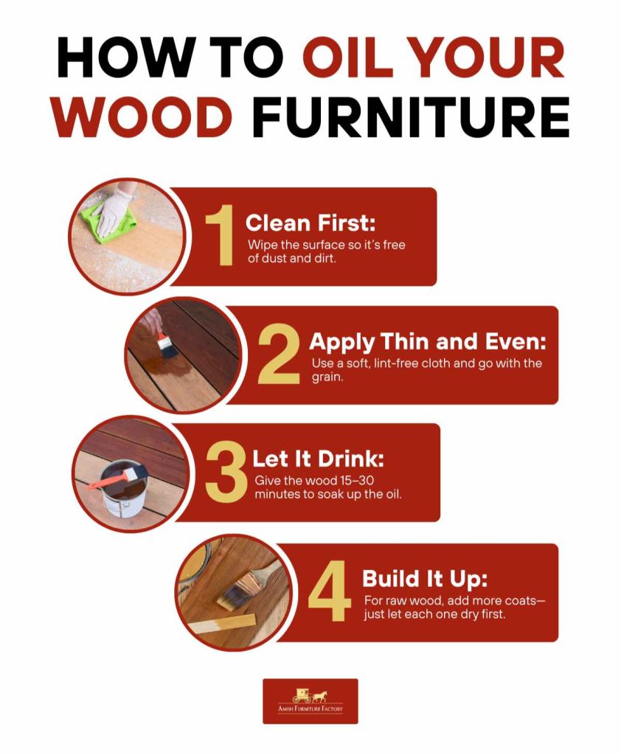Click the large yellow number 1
[220, 235]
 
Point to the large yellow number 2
[278, 356]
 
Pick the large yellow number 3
[226, 473]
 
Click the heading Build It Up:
[425, 577]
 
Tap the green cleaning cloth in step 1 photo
[108, 221]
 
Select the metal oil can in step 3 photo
[121, 490]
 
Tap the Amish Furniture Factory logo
[310, 700]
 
